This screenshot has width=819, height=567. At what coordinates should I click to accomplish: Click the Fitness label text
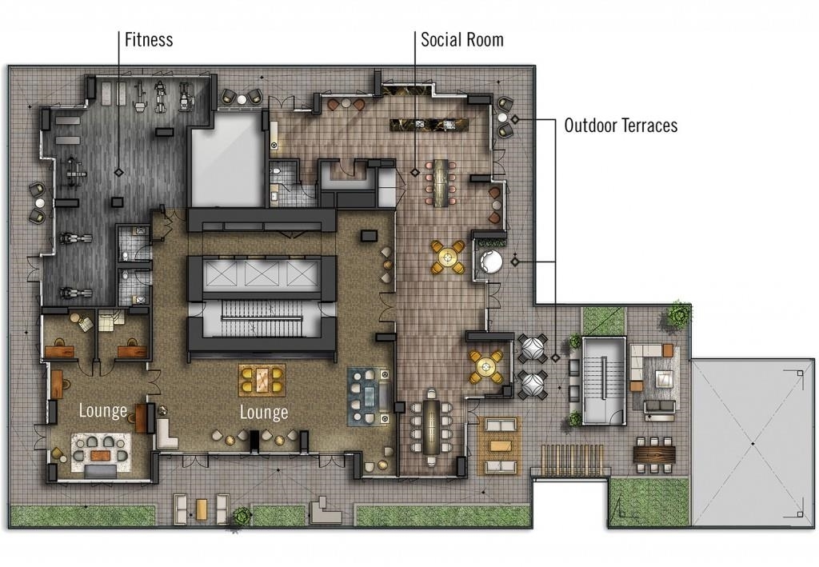pyautogui.click(x=149, y=40)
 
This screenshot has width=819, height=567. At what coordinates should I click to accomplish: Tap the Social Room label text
pyautogui.click(x=462, y=40)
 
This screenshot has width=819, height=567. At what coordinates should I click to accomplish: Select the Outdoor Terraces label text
pyautogui.click(x=621, y=126)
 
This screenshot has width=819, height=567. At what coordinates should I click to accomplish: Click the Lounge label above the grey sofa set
pyautogui.click(x=103, y=410)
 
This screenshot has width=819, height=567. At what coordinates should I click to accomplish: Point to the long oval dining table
pyautogui.click(x=432, y=426)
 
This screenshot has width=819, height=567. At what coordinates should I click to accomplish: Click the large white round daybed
pyautogui.click(x=491, y=261)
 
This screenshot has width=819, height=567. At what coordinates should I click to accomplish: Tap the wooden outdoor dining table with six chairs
pyautogui.click(x=654, y=451)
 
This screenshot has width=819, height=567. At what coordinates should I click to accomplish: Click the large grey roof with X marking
pyautogui.click(x=753, y=443)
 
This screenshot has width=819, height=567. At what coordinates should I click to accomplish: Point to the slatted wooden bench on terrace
pyautogui.click(x=573, y=460)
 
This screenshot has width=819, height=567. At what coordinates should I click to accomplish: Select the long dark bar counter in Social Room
pyautogui.click(x=429, y=124)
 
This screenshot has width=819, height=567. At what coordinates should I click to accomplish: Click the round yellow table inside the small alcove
pyautogui.click(x=486, y=365)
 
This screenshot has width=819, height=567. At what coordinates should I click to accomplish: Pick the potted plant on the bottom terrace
pyautogui.click(x=242, y=516)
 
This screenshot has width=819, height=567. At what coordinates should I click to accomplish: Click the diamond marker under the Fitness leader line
pyautogui.click(x=119, y=172)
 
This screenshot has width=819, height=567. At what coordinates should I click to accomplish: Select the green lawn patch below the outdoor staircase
pyautogui.click(x=649, y=501)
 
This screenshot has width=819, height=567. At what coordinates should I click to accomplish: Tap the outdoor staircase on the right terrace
pyautogui.click(x=604, y=381)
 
